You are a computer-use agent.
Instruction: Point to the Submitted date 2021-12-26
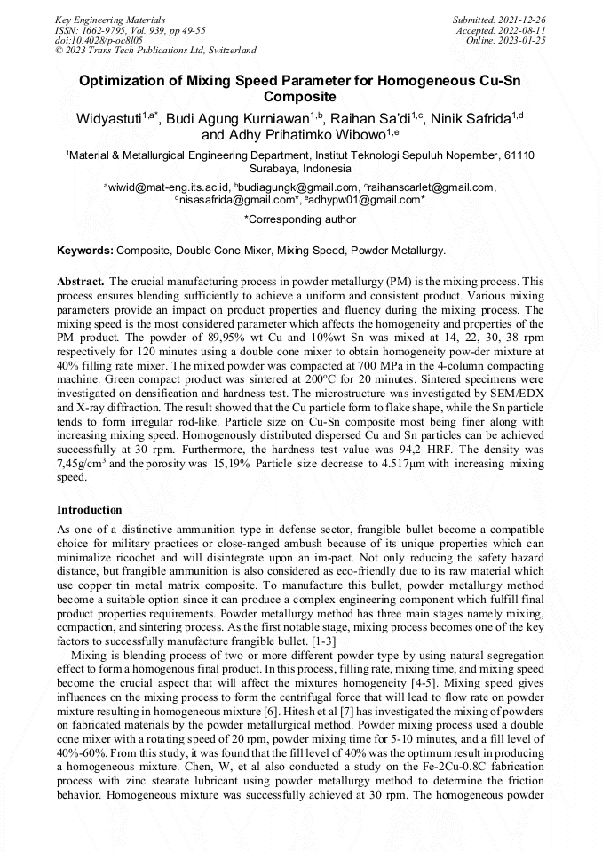tap(499, 19)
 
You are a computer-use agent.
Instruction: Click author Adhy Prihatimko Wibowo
tap(298, 135)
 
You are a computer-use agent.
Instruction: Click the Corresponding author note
tap(300, 219)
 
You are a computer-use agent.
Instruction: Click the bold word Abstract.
tap(81, 280)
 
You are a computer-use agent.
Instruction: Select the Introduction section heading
tap(89, 510)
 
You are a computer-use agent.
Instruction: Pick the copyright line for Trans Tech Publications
tap(155, 51)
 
